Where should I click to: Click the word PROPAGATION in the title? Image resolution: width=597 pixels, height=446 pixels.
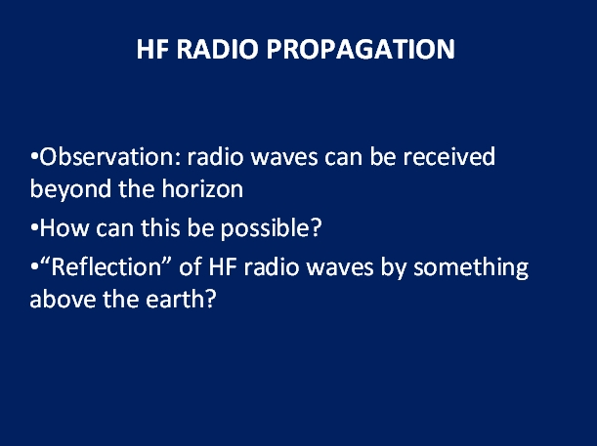361,49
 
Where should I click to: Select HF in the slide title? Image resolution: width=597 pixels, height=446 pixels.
152,49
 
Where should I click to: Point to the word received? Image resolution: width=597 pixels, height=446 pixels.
449,157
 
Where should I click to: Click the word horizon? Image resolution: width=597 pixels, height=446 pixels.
202,189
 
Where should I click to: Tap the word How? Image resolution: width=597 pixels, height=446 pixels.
64,228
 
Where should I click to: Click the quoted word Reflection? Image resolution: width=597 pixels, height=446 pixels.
107,266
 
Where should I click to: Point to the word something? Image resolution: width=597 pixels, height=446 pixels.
471,267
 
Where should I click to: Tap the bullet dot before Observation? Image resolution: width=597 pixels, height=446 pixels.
34,157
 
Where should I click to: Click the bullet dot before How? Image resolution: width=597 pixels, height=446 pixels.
34,228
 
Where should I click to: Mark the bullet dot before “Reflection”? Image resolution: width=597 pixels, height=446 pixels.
34,266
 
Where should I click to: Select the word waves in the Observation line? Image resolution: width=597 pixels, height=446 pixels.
284,158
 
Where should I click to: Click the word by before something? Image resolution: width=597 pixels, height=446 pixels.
394,267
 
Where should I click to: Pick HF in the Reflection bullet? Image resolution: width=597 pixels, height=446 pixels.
223,267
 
